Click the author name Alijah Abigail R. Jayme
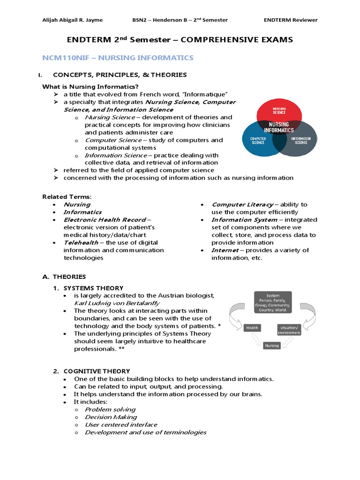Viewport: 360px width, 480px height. (73, 20)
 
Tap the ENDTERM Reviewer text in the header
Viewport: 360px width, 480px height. (291, 20)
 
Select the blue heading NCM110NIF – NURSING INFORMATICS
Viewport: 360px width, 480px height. (118, 58)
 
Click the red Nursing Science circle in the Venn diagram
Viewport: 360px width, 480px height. (279, 112)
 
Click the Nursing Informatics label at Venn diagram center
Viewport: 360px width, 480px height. (279, 127)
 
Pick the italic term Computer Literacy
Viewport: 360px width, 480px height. (242, 204)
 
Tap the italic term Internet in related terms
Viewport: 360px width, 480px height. (225, 250)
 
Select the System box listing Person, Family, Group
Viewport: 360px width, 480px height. (273, 303)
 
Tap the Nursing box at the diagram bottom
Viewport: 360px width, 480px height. (272, 345)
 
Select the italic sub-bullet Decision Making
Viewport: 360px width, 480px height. (111, 417)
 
